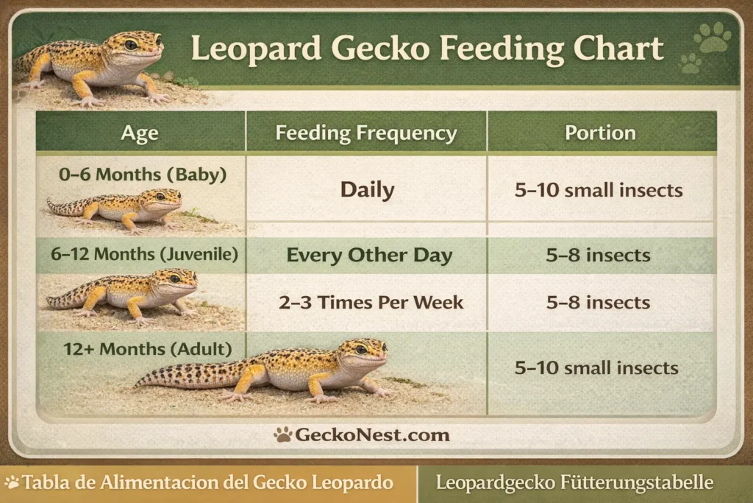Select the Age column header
(x=140, y=133)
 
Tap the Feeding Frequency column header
(x=365, y=133)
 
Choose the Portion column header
(x=600, y=133)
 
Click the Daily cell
(x=367, y=190)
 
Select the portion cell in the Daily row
(x=599, y=191)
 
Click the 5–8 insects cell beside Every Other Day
(x=599, y=256)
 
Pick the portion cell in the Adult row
(x=596, y=367)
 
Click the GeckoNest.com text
(x=372, y=435)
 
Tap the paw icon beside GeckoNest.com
(x=283, y=435)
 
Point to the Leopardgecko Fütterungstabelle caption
(x=574, y=483)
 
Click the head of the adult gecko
(x=363, y=352)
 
